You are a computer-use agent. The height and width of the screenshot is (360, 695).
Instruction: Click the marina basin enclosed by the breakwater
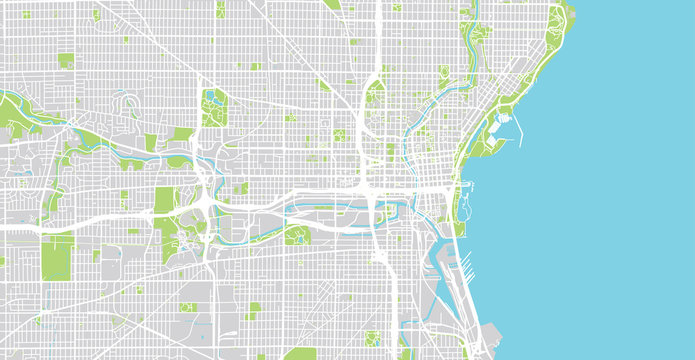[x=506, y=126]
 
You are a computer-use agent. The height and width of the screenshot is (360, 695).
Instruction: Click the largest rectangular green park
[x=57, y=257]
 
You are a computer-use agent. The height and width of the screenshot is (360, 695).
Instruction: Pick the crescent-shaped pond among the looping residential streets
[x=127, y=100]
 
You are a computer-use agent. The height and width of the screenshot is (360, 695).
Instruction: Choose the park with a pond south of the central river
[x=295, y=234]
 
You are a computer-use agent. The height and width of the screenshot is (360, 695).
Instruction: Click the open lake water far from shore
[x=620, y=200]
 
